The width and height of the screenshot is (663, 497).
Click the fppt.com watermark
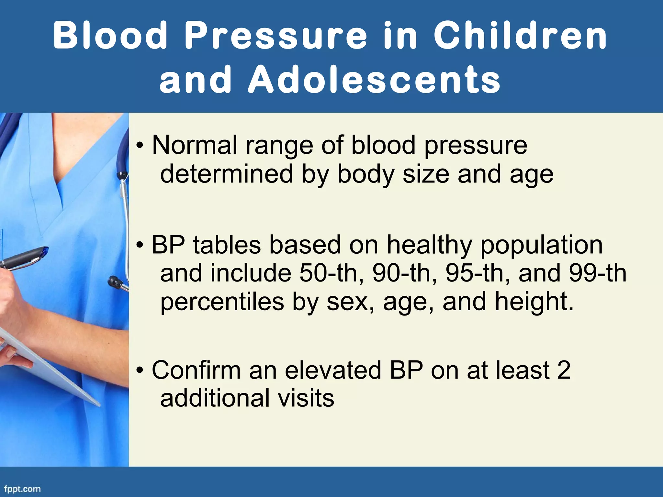tap(22, 489)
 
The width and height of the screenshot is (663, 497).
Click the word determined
tap(227, 174)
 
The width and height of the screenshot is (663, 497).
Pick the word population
tap(541, 245)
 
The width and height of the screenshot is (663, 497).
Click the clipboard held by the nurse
tap(49, 366)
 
